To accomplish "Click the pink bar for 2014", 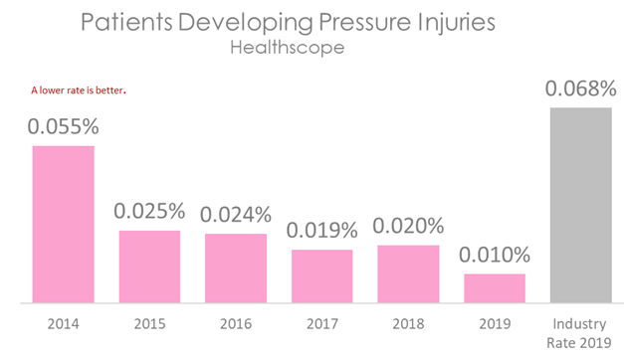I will pyautogui.click(x=63, y=224).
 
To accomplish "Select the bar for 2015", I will pyautogui.click(x=149, y=266).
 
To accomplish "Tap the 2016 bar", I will pyautogui.click(x=235, y=268).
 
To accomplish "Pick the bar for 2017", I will pyautogui.click(x=321, y=275).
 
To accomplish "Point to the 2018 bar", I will pyautogui.click(x=408, y=272).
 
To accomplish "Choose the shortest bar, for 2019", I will pyautogui.click(x=494, y=287).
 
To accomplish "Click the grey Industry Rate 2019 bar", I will pyautogui.click(x=580, y=204).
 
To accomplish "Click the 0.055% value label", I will pyautogui.click(x=63, y=127).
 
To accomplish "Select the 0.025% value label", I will pyautogui.click(x=149, y=211).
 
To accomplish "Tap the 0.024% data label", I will pyautogui.click(x=235, y=215).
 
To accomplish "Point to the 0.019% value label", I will pyautogui.click(x=321, y=231).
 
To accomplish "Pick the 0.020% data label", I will pyautogui.click(x=408, y=227).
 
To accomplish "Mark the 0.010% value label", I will pyautogui.click(x=494, y=256).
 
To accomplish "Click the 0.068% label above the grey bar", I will pyautogui.click(x=580, y=90).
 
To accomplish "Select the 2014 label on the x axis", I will pyautogui.click(x=63, y=324).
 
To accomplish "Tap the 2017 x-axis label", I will pyautogui.click(x=321, y=324).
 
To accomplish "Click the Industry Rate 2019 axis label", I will pyautogui.click(x=580, y=332).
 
